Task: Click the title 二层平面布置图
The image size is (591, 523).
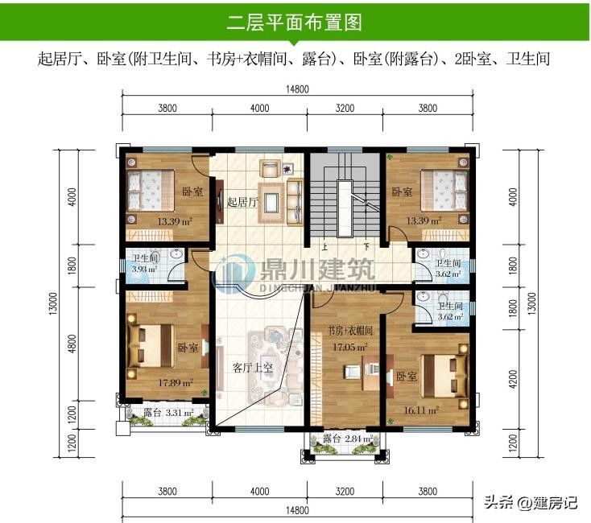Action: [294, 23]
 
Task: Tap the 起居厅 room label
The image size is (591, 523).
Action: [242, 202]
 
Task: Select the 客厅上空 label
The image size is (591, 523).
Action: [253, 368]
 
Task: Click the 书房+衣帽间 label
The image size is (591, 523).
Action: [349, 331]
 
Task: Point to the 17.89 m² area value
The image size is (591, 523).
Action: [176, 383]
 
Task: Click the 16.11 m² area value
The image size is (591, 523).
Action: [421, 410]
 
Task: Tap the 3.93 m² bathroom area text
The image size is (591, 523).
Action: [144, 270]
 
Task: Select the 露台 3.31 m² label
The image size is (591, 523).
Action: [168, 413]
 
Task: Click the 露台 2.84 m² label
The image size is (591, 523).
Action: [348, 439]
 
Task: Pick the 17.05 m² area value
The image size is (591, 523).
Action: [349, 347]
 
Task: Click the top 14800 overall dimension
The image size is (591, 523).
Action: [297, 89]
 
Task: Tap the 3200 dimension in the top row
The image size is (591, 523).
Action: [345, 109]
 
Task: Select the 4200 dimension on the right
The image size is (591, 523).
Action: [513, 380]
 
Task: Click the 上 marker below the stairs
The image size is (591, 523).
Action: [324, 247]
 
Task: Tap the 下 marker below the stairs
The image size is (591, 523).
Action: [366, 247]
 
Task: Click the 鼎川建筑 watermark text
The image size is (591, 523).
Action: [317, 269]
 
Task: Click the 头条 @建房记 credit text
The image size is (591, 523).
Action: [531, 502]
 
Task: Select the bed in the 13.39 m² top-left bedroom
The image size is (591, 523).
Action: [151, 190]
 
